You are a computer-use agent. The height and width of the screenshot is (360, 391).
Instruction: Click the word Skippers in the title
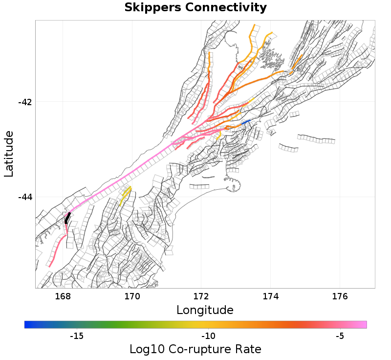(152, 8)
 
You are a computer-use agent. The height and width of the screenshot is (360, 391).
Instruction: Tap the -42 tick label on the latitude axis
(24, 102)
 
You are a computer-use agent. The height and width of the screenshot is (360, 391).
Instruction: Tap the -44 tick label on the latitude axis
(24, 197)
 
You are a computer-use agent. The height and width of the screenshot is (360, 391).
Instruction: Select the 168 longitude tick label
(63, 296)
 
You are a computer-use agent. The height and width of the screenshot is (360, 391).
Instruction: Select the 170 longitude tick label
(132, 296)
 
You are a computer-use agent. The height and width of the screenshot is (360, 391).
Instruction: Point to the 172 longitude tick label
(201, 296)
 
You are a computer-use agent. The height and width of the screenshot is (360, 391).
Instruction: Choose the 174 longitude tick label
(271, 296)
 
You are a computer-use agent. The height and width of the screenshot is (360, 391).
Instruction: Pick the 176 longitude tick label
(340, 296)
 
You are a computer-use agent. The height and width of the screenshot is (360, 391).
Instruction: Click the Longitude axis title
(205, 310)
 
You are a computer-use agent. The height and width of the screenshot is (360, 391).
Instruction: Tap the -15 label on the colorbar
(77, 336)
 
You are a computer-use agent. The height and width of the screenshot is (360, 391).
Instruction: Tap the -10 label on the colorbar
(209, 336)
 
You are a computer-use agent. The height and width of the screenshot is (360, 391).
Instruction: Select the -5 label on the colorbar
(340, 336)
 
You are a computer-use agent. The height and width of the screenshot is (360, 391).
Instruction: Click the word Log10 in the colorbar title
(144, 349)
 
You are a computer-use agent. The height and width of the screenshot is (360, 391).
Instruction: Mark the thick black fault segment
(67, 218)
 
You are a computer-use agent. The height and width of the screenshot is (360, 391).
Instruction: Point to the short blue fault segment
(246, 122)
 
